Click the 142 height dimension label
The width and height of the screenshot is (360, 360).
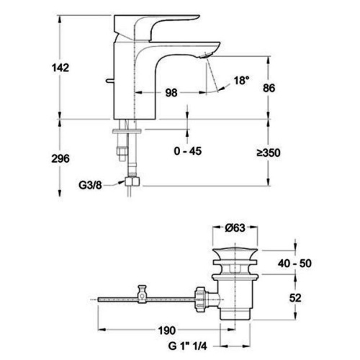pyautogui.click(x=60, y=68)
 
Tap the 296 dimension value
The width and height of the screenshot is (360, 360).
pyautogui.click(x=60, y=158)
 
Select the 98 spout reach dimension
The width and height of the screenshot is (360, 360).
pyautogui.click(x=171, y=93)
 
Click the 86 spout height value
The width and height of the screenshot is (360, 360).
pyautogui.click(x=269, y=88)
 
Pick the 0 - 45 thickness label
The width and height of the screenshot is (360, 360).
pyautogui.click(x=188, y=151)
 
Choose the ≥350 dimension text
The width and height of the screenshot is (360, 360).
pyautogui.click(x=269, y=153)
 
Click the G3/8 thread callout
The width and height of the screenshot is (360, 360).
pyautogui.click(x=90, y=185)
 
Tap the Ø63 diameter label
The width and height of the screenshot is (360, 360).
pyautogui.click(x=235, y=228)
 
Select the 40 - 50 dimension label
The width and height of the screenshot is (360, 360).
pyautogui.click(x=294, y=264)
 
